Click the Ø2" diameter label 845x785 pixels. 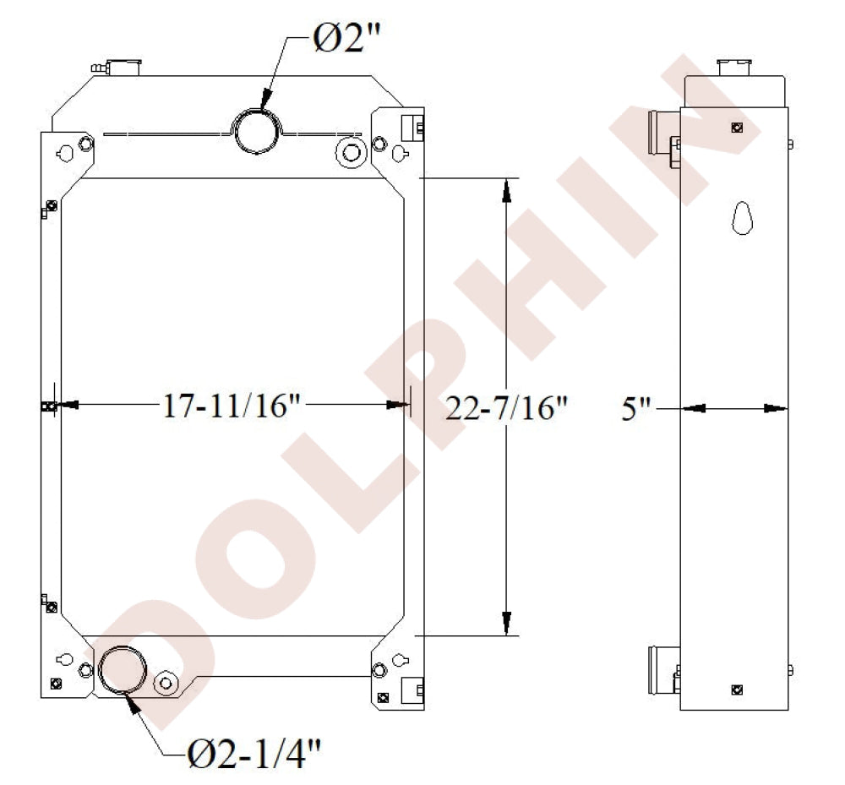tap(346, 39)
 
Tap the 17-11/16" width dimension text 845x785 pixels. tap(232, 406)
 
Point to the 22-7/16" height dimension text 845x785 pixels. tap(507, 408)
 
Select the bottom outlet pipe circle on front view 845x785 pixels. tap(123, 669)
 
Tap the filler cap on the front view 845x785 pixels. tap(124, 67)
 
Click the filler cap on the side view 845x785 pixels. tap(734, 68)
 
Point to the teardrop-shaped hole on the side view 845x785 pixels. tap(742, 218)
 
